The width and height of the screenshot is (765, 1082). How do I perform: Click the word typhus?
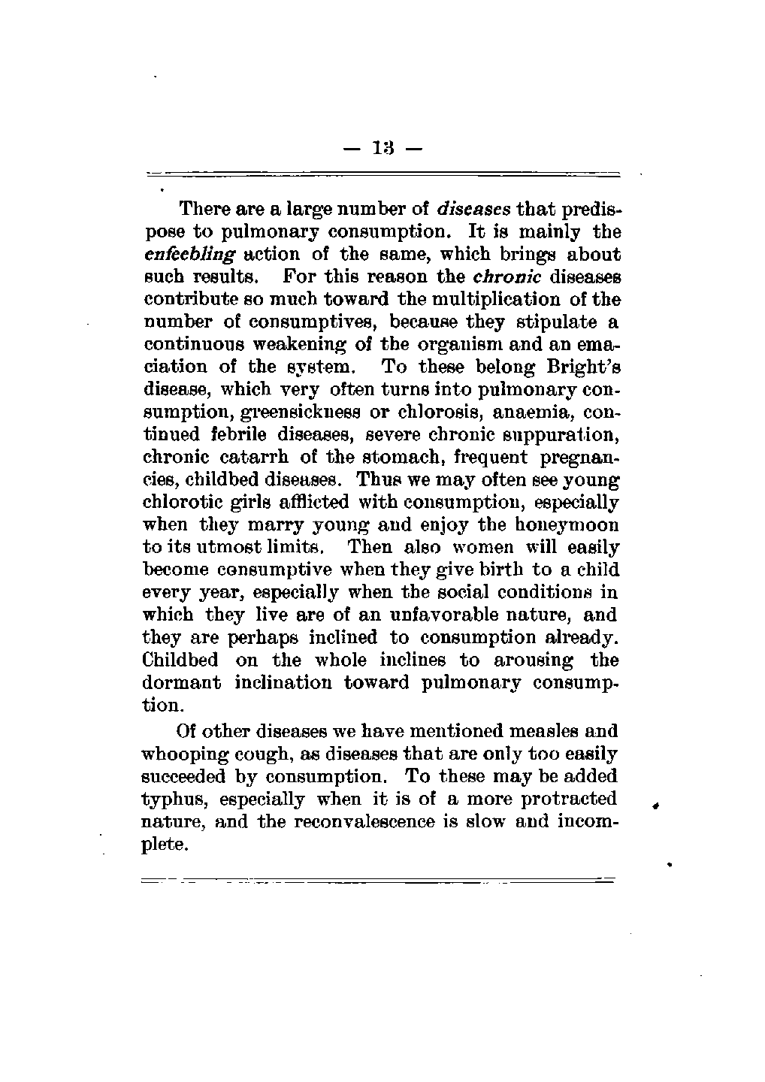coord(171,799)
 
